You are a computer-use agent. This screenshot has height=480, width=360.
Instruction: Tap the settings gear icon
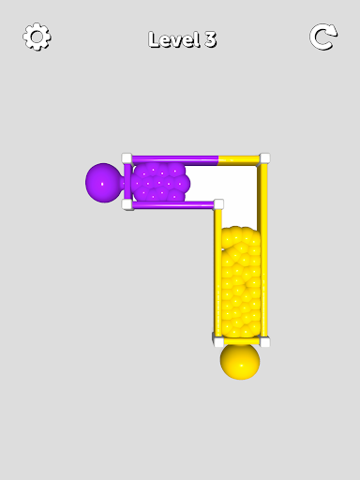(37, 37)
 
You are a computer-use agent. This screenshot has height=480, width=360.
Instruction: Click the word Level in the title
(173, 39)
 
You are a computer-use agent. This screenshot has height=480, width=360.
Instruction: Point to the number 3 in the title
(211, 39)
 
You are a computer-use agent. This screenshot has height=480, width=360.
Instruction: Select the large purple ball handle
(103, 183)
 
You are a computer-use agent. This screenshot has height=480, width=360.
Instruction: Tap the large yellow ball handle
(240, 362)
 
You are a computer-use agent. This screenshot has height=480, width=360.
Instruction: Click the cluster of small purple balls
(160, 182)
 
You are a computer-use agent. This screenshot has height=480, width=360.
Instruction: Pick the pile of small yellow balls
(241, 282)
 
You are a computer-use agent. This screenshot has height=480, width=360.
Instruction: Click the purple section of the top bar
(175, 160)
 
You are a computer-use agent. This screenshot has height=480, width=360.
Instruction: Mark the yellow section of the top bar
(239, 160)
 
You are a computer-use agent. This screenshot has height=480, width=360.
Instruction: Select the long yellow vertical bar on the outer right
(263, 250)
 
